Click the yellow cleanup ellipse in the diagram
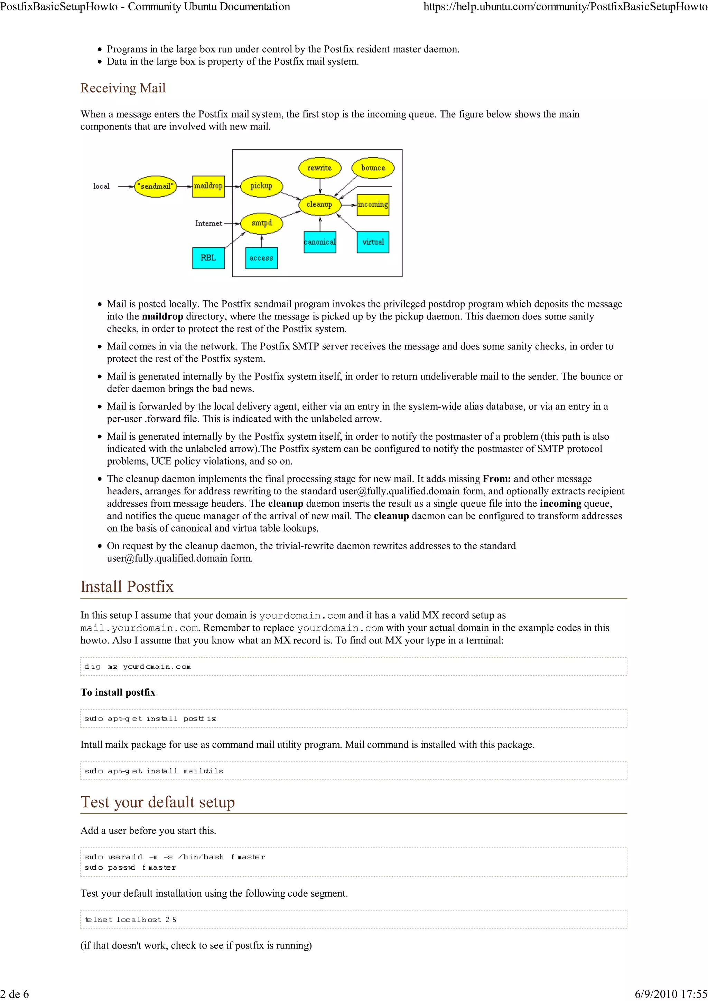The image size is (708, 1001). [x=320, y=204]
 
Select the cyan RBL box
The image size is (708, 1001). [x=208, y=258]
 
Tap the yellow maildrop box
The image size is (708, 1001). [x=208, y=186]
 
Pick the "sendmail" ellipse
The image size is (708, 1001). [x=155, y=186]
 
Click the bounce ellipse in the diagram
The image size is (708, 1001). [x=373, y=168]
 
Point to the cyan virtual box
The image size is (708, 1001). [x=373, y=242]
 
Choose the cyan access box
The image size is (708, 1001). [x=261, y=258]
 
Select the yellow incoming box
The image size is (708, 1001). [x=373, y=204]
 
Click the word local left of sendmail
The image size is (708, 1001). [x=101, y=186]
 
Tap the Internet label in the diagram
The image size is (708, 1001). [x=208, y=223]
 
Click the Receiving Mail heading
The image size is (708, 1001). [x=123, y=88]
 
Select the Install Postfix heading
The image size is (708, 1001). [x=127, y=587]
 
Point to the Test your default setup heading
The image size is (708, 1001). [x=158, y=802]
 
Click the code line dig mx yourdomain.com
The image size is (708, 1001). [x=137, y=667]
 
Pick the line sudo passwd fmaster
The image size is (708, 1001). [x=130, y=868]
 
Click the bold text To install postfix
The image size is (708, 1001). [x=118, y=692]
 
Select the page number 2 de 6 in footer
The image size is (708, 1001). [x=15, y=994]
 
